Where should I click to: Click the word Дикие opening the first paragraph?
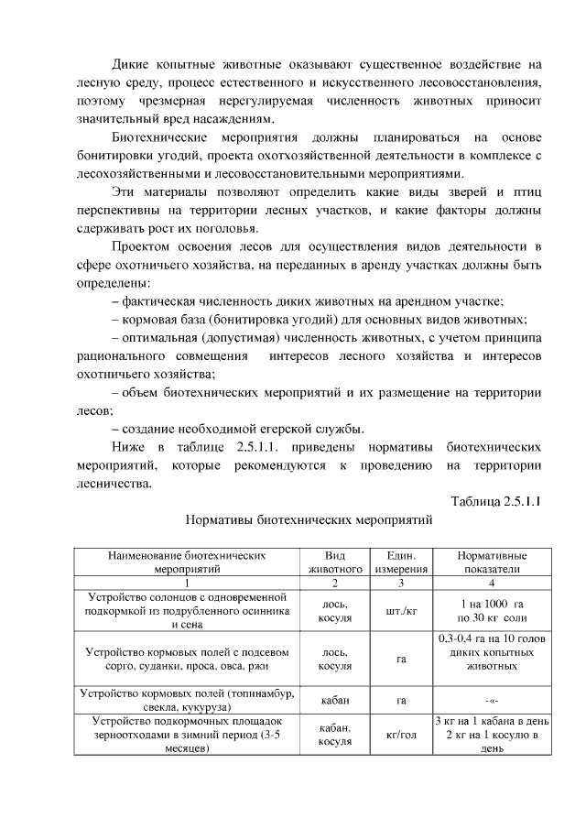(x=132, y=65)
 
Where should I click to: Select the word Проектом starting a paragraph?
(x=140, y=246)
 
